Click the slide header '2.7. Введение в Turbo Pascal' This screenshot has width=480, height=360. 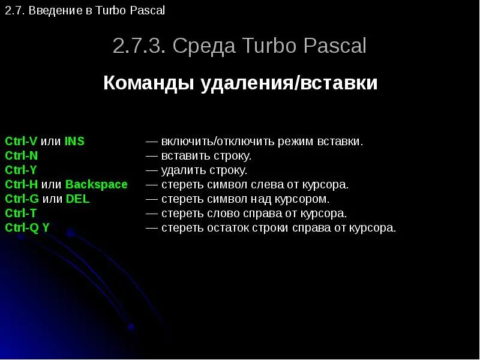click(x=85, y=11)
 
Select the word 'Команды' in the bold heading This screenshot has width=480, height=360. click(x=148, y=83)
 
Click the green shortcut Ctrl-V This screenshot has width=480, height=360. click(x=21, y=142)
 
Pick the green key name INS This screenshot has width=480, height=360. click(x=74, y=142)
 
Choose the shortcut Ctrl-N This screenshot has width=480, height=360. click(x=21, y=156)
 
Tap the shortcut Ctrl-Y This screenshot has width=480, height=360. click(x=21, y=170)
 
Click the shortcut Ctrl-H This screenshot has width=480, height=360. click(x=22, y=185)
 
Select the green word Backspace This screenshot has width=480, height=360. click(x=97, y=185)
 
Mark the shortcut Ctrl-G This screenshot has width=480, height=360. click(x=22, y=199)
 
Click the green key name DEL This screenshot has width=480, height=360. click(x=77, y=199)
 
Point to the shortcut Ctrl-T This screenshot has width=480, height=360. click(x=21, y=214)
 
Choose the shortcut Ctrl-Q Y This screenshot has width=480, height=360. click(x=27, y=228)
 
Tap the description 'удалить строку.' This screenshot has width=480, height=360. click(x=204, y=170)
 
